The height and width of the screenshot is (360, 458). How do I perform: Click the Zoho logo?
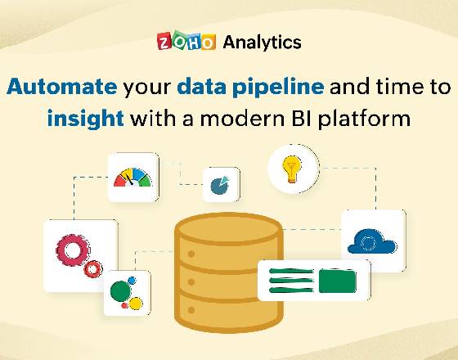[186, 41]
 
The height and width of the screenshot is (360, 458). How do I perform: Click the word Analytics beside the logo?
[262, 43]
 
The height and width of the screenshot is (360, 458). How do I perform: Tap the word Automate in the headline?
[61, 87]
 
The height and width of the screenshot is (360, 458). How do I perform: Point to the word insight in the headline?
[86, 119]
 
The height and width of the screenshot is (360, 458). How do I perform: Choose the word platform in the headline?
[365, 119]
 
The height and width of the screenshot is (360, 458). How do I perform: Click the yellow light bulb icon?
[292, 169]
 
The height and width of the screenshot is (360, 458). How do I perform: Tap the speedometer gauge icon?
[132, 178]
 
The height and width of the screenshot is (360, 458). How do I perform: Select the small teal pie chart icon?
[220, 185]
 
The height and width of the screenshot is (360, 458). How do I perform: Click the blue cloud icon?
[372, 241]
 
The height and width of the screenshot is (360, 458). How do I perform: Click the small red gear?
[93, 269]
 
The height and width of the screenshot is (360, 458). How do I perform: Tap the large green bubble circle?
[121, 291]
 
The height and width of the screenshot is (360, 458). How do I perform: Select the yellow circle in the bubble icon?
[136, 304]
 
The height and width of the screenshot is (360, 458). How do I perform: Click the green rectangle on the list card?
[337, 281]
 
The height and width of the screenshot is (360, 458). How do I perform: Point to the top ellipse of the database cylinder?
[229, 229]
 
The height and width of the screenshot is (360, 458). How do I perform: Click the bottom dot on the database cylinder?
[191, 310]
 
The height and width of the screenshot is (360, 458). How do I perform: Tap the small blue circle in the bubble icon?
[132, 281]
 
